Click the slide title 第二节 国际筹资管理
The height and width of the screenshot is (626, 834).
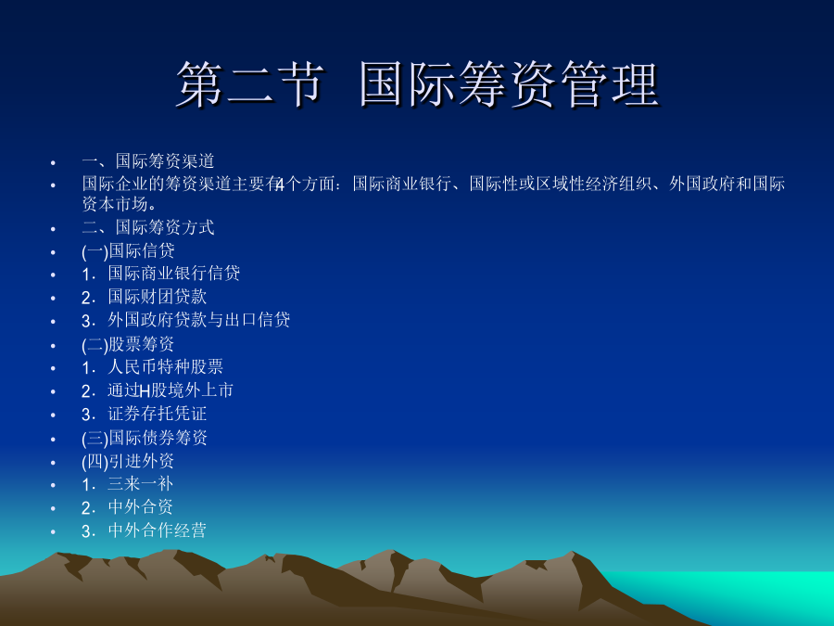tap(418, 85)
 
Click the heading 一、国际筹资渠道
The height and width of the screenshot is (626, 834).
tap(148, 160)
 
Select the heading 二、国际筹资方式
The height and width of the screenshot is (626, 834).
tap(148, 227)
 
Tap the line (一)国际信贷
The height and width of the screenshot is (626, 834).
tap(128, 250)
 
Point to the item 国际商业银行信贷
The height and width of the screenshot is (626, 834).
tap(174, 273)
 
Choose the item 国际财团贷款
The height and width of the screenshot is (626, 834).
tap(157, 297)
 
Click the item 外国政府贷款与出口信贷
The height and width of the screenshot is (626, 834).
tap(199, 320)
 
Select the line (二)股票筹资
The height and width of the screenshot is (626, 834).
tap(128, 344)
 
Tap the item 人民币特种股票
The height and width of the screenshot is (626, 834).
tap(166, 366)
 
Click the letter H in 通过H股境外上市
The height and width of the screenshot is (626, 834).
tap(145, 391)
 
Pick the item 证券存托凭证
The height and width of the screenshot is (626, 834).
tap(157, 414)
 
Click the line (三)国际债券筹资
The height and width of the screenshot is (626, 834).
tap(145, 438)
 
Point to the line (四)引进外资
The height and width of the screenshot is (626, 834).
tap(128, 461)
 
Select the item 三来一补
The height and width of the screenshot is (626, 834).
tap(141, 483)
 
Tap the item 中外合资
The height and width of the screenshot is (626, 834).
tap(141, 506)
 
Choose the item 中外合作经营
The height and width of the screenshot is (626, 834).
tap(157, 530)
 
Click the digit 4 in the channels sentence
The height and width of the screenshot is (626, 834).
tap(280, 185)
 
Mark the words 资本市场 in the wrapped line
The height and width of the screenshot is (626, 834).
tap(115, 204)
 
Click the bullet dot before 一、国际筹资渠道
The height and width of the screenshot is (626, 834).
tap(53, 162)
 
